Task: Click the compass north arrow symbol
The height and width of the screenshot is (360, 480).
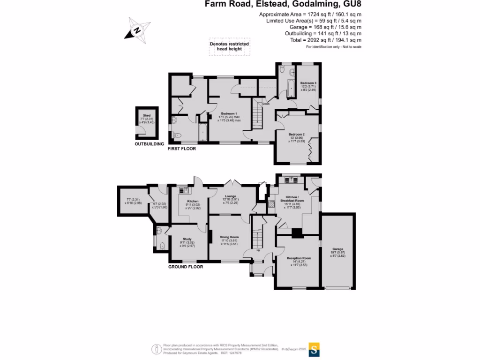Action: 137,29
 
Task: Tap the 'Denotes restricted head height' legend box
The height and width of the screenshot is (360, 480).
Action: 229,46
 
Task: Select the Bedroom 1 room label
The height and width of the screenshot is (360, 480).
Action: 229,114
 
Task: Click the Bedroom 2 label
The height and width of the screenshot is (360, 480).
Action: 297,135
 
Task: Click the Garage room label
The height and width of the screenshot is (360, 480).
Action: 337,249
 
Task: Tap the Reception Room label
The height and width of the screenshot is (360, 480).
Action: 299,258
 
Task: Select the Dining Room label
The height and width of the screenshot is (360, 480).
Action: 229,237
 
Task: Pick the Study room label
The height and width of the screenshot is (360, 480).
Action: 187,239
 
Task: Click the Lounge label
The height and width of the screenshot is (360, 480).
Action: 230,196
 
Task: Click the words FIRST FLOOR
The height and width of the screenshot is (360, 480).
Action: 182,149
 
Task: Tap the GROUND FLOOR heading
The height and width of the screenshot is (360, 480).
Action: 186,267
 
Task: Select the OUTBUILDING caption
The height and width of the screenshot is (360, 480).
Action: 150,144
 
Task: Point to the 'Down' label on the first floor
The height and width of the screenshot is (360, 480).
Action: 266,104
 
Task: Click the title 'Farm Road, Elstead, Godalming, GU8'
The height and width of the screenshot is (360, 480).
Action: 283,5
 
